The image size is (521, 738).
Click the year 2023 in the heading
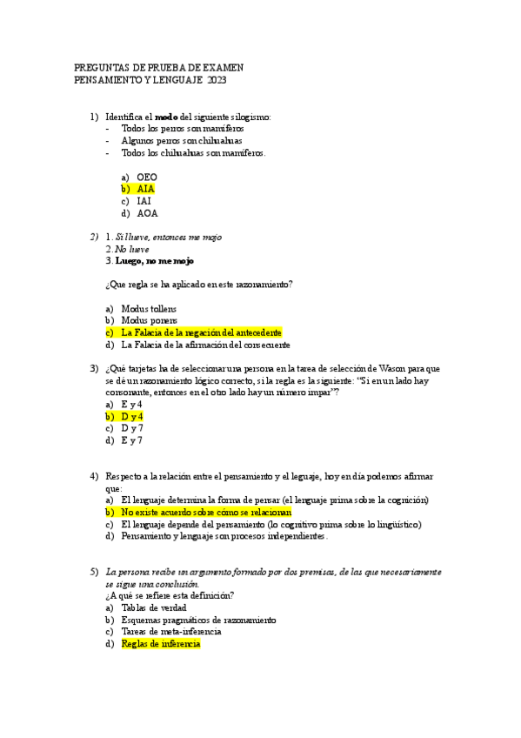tap(217, 81)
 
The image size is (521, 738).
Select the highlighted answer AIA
tap(145, 188)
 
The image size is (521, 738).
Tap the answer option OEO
tap(147, 176)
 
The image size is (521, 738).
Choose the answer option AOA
tap(147, 212)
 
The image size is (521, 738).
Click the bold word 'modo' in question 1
tap(166, 117)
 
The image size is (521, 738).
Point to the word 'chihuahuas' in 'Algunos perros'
tap(218, 140)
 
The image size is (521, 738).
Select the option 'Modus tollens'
tap(149, 308)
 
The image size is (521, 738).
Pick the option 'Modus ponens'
tap(149, 320)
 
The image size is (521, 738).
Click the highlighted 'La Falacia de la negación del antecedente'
tap(201, 332)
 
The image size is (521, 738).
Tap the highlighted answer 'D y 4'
tap(132, 416)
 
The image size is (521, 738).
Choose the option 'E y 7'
tap(132, 440)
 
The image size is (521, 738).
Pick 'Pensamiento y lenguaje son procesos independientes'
tap(224, 537)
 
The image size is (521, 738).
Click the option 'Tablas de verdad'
tap(154, 607)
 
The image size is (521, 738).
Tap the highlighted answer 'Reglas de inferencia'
tap(161, 644)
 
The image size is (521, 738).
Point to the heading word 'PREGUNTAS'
tap(103, 67)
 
